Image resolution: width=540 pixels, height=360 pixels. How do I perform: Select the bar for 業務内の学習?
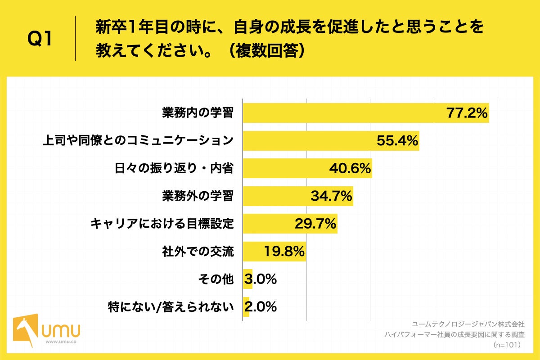(x=342, y=113)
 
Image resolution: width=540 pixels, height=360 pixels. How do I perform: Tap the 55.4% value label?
(x=397, y=141)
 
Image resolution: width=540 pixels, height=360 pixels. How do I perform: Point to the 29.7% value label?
(x=315, y=224)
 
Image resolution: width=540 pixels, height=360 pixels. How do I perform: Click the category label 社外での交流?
(x=198, y=252)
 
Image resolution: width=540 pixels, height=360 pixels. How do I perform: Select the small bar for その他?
(x=247, y=279)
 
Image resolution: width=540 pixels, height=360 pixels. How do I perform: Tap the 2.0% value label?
(x=261, y=307)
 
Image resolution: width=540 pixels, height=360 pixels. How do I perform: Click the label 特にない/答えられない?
(x=171, y=307)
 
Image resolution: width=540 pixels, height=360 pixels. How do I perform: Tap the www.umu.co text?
(x=60, y=342)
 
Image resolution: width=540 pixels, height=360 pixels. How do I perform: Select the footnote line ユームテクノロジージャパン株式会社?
(x=468, y=324)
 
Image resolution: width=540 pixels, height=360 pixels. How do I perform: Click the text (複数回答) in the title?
(x=265, y=51)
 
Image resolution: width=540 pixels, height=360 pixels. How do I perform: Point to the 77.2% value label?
(x=467, y=113)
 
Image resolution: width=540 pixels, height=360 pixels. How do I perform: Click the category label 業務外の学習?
(x=198, y=196)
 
